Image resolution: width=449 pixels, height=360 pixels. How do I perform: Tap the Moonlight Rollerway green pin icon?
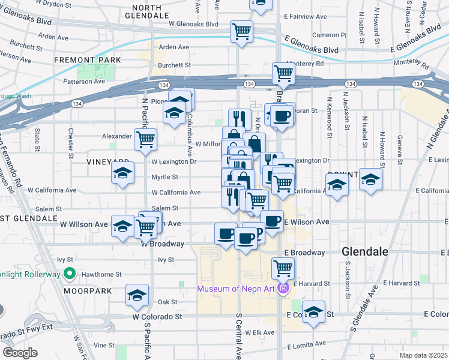[x=70, y=275]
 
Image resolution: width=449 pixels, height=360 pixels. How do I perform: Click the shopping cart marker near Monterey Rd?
[x=283, y=74]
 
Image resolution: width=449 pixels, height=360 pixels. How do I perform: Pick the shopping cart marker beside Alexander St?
[x=145, y=140]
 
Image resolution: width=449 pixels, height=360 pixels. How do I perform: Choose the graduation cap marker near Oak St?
[x=137, y=296]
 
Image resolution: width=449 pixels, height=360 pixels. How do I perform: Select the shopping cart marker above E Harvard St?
[x=283, y=268]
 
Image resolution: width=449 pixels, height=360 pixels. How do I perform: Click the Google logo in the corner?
[x=20, y=353]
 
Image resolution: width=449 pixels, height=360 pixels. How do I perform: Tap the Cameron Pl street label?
[x=330, y=35]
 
